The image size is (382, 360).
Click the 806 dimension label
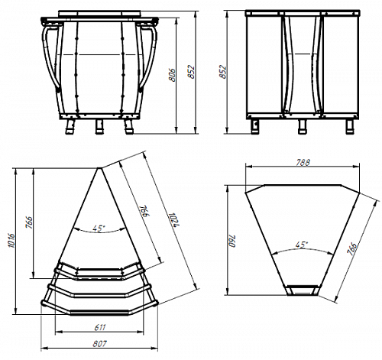[x=173, y=75]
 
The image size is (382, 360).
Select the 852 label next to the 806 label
[x=192, y=72]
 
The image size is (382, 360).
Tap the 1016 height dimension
[x=11, y=240]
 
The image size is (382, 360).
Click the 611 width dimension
[x=100, y=327]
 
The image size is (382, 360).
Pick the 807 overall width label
[x=99, y=344]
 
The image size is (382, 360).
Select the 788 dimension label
[x=303, y=163]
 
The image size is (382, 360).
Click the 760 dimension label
[x=232, y=241]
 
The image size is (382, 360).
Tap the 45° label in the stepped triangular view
[x=99, y=228]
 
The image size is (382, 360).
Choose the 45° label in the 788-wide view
[x=302, y=245]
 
